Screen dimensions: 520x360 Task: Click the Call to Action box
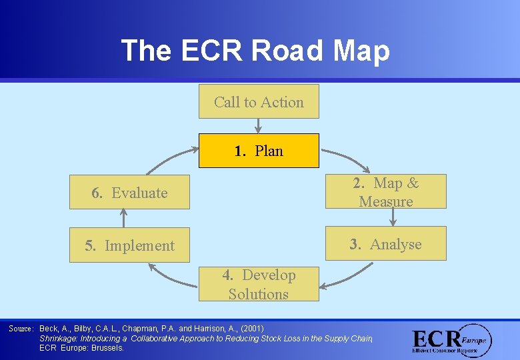[x=259, y=102]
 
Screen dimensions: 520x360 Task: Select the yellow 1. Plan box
[x=259, y=151]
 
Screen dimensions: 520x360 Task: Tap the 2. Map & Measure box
[x=386, y=192]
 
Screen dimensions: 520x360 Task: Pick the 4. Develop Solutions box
[x=259, y=285]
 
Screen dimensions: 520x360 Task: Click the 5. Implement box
[x=129, y=245]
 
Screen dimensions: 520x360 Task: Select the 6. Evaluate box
[x=129, y=193]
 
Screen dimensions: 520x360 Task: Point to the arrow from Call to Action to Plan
[x=259, y=126]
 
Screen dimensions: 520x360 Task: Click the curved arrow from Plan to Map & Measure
[x=347, y=159]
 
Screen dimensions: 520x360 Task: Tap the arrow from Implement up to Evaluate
[x=123, y=218]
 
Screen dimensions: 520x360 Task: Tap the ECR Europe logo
[x=451, y=340]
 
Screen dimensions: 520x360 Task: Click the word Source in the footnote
[x=21, y=329]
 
